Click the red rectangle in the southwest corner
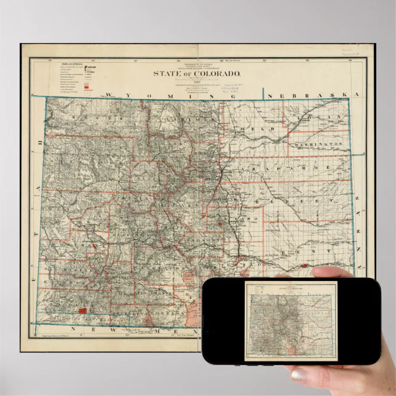81,312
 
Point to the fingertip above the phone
326,271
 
